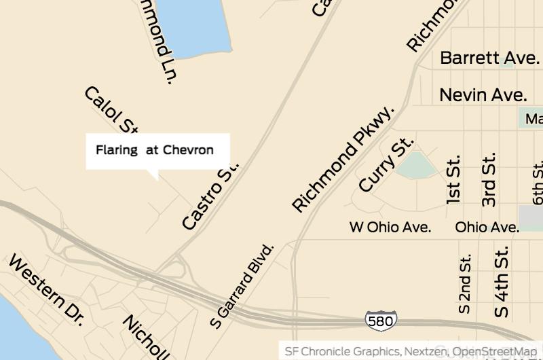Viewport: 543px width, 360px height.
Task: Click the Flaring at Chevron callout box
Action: [x=157, y=151]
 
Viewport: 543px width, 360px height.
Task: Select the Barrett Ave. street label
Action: [x=489, y=58]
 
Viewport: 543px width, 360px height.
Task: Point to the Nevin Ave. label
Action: [x=483, y=94]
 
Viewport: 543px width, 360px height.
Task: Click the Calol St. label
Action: [x=112, y=111]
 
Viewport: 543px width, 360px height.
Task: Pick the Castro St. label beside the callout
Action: [x=211, y=196]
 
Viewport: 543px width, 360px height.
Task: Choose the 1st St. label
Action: [x=453, y=181]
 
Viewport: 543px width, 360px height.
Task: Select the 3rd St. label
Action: [x=489, y=179]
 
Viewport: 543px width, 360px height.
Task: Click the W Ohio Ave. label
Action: [x=390, y=227]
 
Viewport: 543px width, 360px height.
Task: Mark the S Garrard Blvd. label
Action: [x=242, y=286]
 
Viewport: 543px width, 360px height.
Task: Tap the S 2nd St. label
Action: [x=465, y=284]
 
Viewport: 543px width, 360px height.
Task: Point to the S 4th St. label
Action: [x=502, y=281]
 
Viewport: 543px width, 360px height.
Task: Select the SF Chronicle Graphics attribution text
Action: [x=342, y=351]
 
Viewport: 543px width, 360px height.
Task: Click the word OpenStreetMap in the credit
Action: [x=494, y=351]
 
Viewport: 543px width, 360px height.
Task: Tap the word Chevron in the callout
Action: [x=188, y=150]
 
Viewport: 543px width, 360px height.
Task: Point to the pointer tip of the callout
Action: [x=157, y=179]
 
